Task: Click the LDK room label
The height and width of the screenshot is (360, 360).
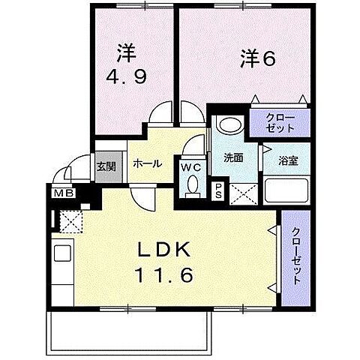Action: click(164, 250)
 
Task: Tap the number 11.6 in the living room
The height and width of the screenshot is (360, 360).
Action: click(164, 274)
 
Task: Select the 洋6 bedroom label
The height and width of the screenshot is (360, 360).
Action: click(258, 58)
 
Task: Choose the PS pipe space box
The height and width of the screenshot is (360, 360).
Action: click(218, 191)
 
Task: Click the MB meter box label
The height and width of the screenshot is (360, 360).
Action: click(64, 193)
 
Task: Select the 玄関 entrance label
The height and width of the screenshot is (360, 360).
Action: click(106, 166)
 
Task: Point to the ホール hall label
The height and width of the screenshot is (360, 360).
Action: click(148, 164)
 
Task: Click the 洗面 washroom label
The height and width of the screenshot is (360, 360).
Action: click(233, 157)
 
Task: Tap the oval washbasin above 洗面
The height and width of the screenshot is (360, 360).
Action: click(231, 125)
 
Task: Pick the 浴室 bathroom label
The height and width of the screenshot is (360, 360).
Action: click(288, 160)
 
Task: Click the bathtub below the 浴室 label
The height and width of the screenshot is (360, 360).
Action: click(286, 190)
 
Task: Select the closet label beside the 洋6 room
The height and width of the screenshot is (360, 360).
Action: click(280, 123)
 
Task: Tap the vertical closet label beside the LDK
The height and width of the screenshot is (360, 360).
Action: click(296, 256)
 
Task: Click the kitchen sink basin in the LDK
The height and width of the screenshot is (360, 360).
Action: click(63, 253)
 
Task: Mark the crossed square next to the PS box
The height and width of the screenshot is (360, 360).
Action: click(243, 194)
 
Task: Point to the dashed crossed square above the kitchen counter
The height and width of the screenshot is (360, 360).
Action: click(71, 221)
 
